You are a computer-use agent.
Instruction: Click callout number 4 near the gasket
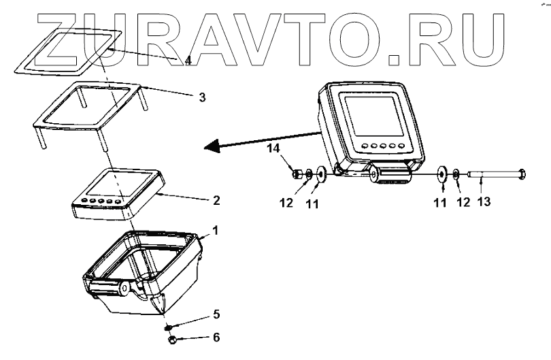click(x=188, y=61)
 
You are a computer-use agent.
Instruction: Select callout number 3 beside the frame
click(x=202, y=97)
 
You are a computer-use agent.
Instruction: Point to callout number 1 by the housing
click(x=215, y=231)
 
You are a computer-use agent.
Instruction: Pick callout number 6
click(x=216, y=337)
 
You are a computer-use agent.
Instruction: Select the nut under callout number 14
click(x=297, y=174)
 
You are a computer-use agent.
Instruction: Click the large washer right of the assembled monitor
click(x=441, y=176)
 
